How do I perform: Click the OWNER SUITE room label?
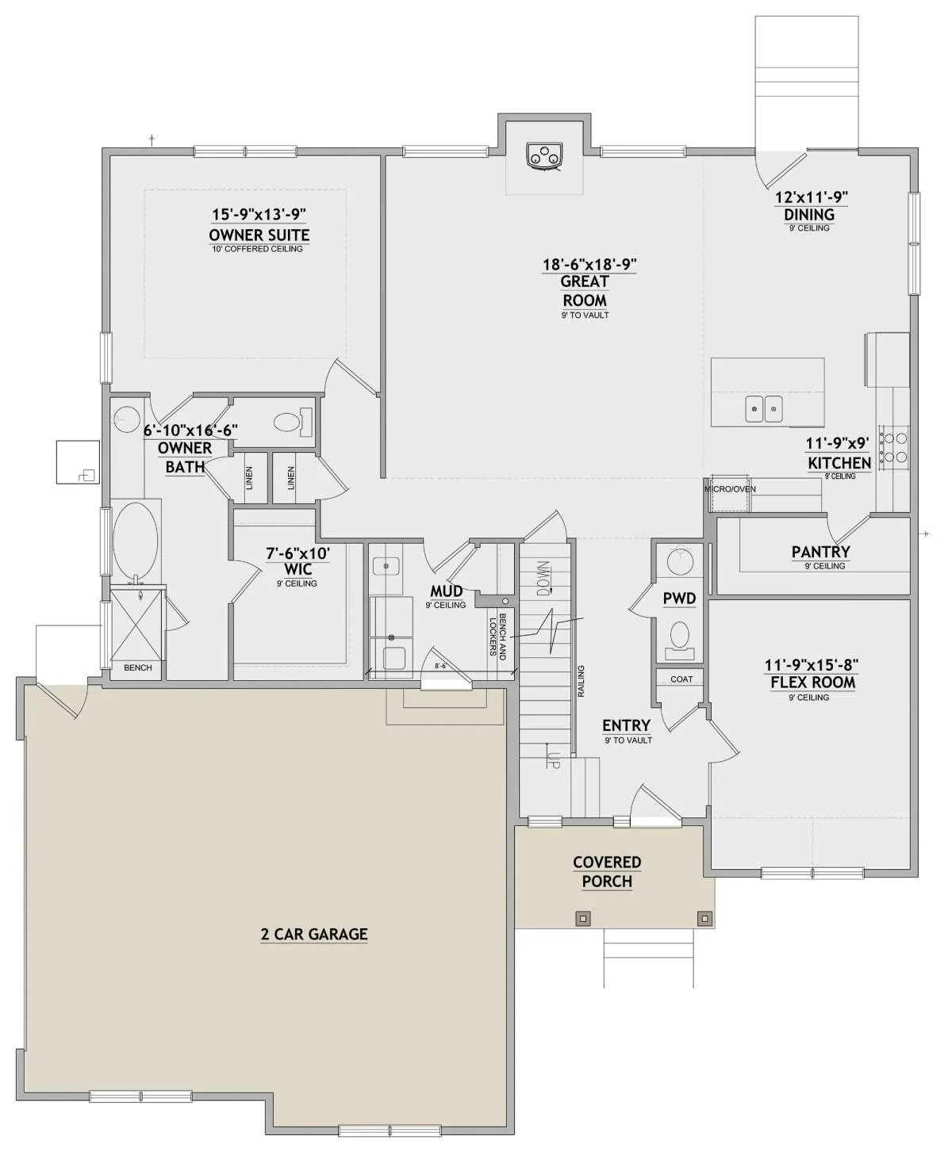(x=259, y=235)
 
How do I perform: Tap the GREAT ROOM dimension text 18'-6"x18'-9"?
(x=589, y=264)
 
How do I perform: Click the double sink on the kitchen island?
(x=764, y=409)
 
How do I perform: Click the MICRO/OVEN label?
(x=730, y=489)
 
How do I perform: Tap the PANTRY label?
(x=820, y=552)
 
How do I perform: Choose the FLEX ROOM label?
(x=812, y=683)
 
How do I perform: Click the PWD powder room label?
(x=679, y=599)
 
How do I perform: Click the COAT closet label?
(x=681, y=679)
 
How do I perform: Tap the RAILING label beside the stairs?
(x=581, y=682)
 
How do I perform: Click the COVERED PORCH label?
(x=607, y=871)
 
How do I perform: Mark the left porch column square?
(x=584, y=917)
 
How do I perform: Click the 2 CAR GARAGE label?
(x=314, y=934)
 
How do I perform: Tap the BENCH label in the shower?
(x=137, y=667)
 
